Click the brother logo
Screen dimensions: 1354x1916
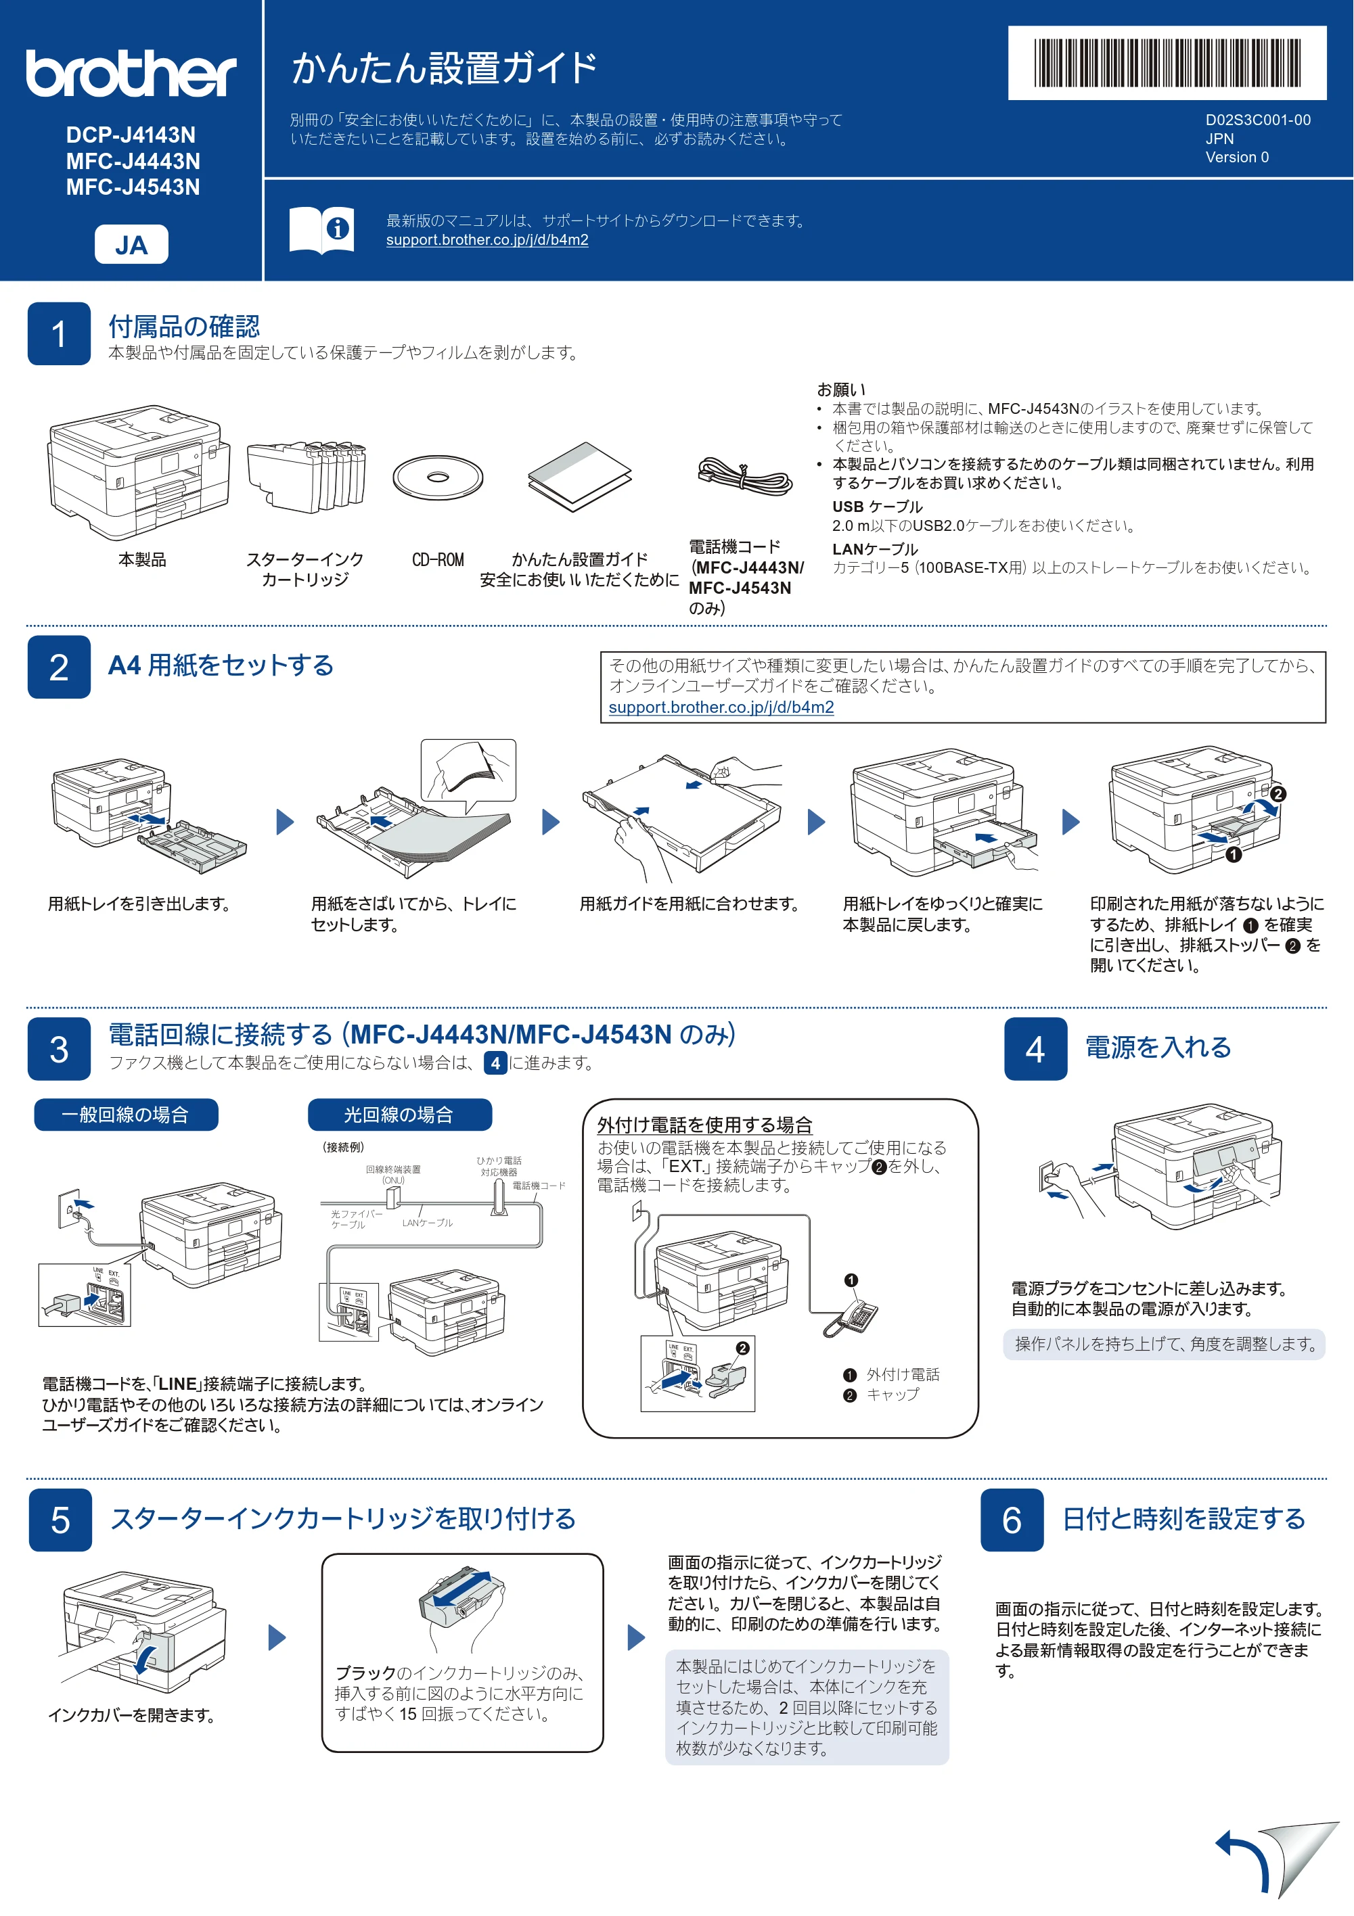pos(131,74)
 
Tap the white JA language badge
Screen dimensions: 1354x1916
pos(131,245)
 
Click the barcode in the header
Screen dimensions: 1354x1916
pos(1167,63)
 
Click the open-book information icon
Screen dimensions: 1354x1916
pos(321,229)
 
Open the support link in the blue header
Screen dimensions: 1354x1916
pos(487,240)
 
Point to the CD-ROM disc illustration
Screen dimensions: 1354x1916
pos(437,477)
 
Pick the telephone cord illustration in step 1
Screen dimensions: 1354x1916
pos(744,475)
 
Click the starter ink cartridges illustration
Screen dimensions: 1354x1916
pos(307,475)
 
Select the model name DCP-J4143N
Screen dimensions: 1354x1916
pos(131,135)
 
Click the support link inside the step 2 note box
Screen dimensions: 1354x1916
pos(721,707)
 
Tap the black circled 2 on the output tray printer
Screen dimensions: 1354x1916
pos(1278,795)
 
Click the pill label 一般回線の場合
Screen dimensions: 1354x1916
pos(126,1115)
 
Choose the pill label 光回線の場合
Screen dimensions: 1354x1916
pos(400,1115)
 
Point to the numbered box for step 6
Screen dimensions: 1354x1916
pos(1012,1520)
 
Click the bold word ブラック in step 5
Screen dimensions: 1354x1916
pos(365,1673)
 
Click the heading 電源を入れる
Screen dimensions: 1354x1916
pos(1158,1048)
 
